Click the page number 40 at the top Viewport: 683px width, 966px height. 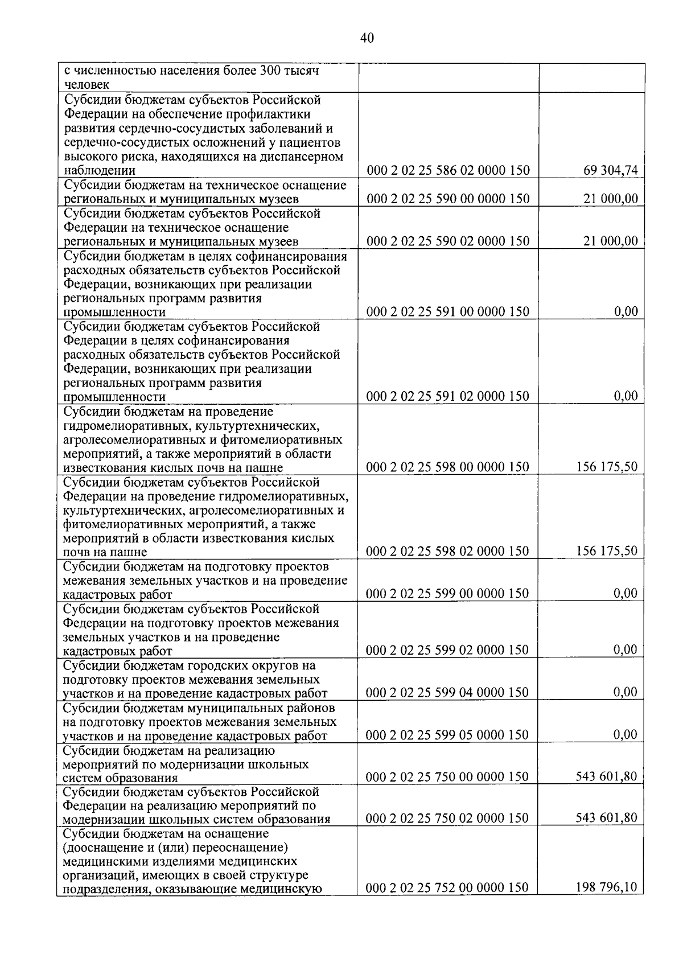[x=367, y=38]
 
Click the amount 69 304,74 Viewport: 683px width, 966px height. [x=611, y=170]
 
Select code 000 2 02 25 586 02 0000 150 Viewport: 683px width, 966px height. [x=448, y=170]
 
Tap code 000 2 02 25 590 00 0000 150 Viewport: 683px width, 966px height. [x=448, y=199]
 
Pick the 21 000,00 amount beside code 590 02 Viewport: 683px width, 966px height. [x=611, y=241]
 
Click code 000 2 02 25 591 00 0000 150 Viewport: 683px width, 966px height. [x=448, y=312]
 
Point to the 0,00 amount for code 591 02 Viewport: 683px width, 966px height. [x=626, y=396]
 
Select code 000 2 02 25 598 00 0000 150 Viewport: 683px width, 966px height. [x=448, y=467]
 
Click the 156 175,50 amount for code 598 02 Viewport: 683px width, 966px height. [x=607, y=551]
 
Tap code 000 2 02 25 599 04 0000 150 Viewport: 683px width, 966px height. [x=448, y=693]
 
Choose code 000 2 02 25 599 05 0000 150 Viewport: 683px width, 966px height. [x=448, y=735]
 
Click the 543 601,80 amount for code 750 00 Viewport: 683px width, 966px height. [x=607, y=776]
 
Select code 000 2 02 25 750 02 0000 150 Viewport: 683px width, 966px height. [x=448, y=819]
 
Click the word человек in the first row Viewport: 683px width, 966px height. [x=87, y=85]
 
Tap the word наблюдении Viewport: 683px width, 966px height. [x=99, y=171]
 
